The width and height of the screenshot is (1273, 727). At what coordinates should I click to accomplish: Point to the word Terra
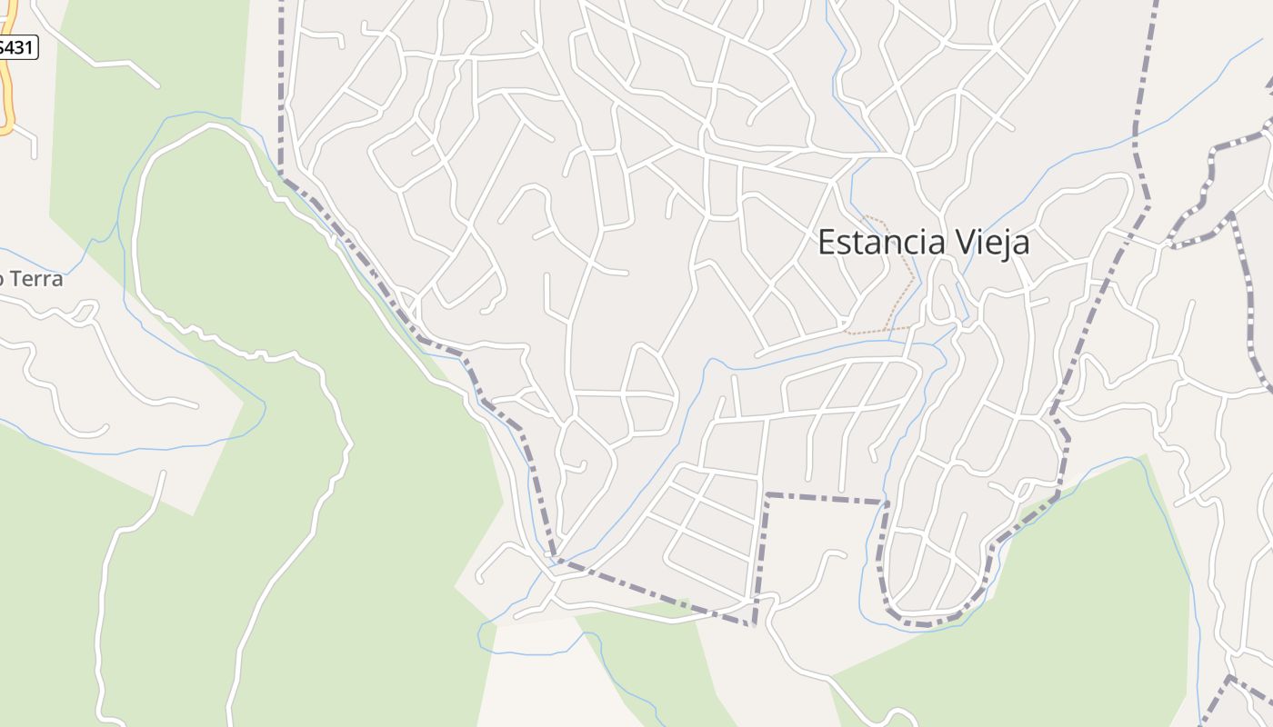[x=37, y=279]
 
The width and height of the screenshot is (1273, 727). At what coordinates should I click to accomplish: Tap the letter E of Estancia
[x=827, y=243]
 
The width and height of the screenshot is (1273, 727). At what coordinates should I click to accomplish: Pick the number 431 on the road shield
[x=20, y=48]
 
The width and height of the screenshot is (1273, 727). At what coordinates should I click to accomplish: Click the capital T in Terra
[x=15, y=279]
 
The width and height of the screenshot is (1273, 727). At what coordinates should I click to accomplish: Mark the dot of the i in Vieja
[x=979, y=229]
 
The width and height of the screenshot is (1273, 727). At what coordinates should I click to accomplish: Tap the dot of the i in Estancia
[x=923, y=229]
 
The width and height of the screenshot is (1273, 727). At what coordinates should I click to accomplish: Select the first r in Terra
[x=39, y=281]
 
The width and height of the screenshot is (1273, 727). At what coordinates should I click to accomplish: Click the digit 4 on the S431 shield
[x=12, y=48]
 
